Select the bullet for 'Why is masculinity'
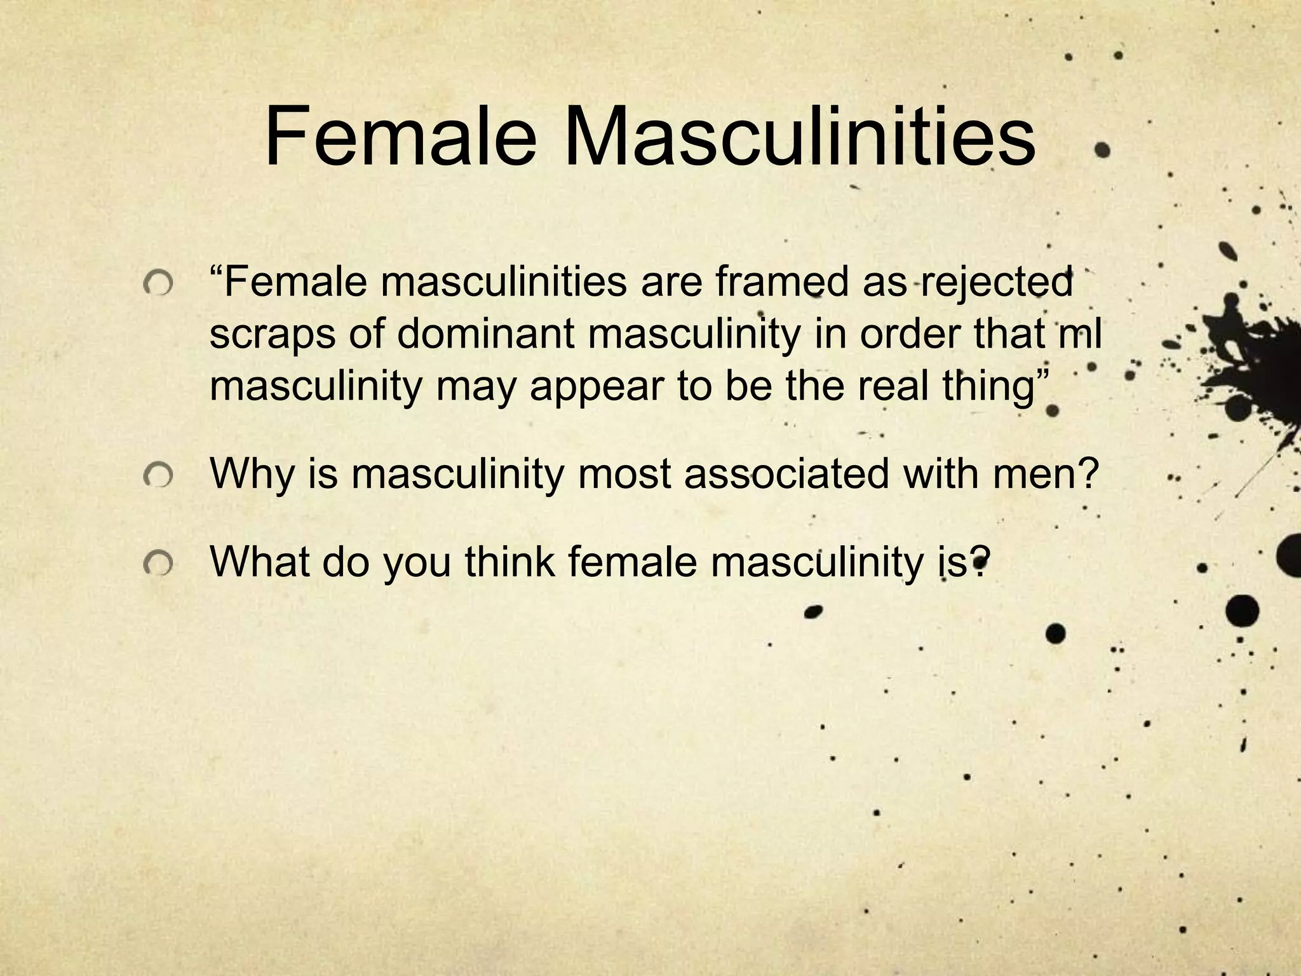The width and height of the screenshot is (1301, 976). [x=158, y=474]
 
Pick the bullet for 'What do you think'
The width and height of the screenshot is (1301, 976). [x=158, y=562]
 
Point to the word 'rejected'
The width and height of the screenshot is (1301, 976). [x=996, y=283]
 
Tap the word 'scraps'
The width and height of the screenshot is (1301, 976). [x=272, y=335]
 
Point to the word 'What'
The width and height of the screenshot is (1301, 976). [x=259, y=561]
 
